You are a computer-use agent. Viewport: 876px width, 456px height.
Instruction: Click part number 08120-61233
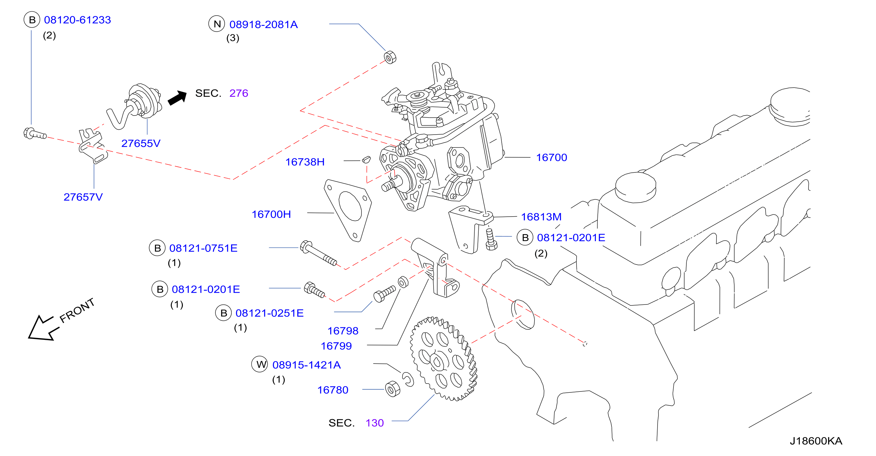click(x=78, y=20)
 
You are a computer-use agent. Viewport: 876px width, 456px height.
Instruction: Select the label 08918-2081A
click(x=264, y=25)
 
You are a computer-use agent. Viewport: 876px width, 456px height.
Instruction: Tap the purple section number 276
click(x=239, y=93)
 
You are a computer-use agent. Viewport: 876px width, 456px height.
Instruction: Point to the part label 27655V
click(x=141, y=143)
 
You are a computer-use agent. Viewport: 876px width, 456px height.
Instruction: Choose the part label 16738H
click(x=305, y=162)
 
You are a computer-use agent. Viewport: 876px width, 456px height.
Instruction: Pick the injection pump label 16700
click(x=552, y=157)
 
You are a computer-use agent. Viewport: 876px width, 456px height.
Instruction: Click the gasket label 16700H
click(x=271, y=214)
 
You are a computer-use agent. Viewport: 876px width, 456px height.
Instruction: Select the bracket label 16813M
click(x=541, y=217)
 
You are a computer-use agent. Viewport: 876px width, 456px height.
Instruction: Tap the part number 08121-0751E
click(x=203, y=248)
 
